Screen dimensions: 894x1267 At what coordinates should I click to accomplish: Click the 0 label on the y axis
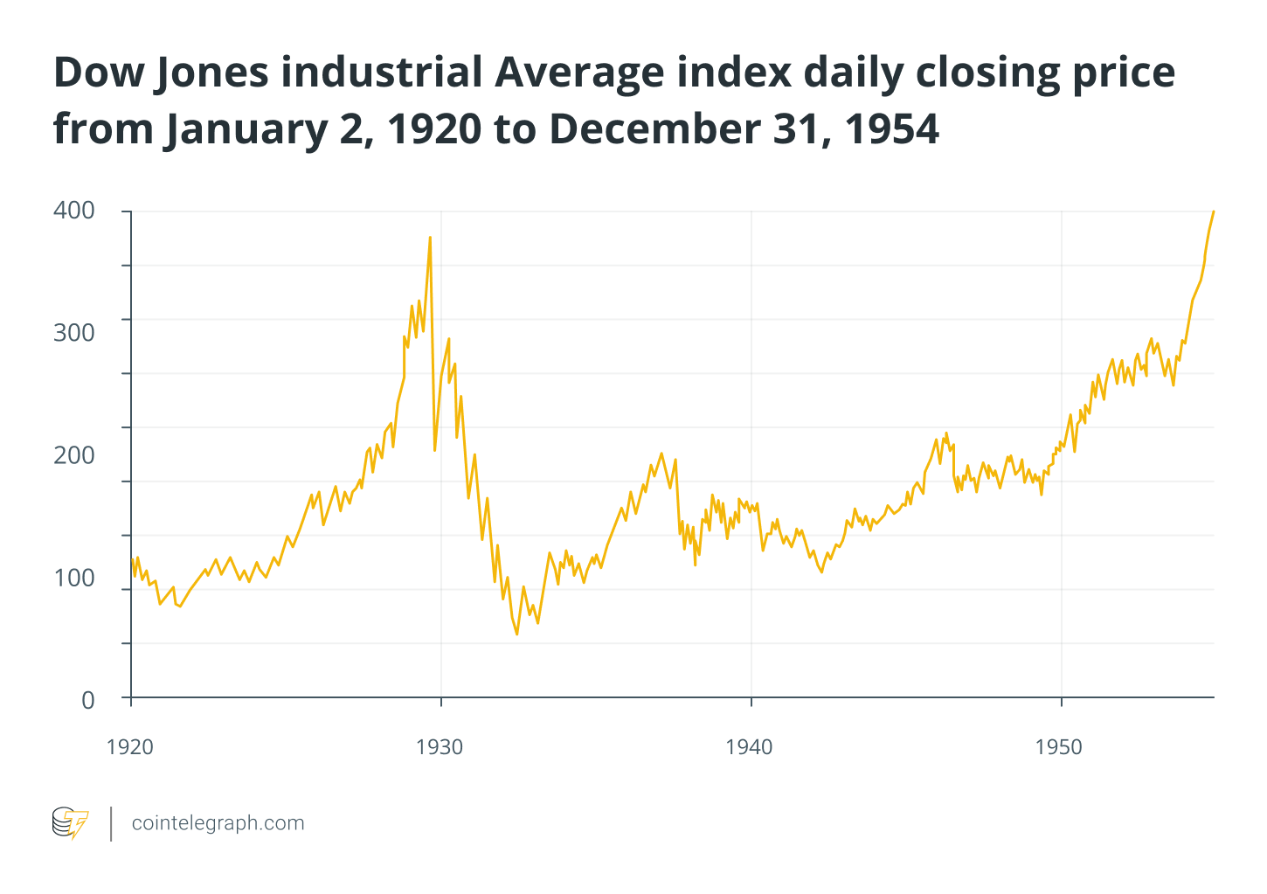(87, 700)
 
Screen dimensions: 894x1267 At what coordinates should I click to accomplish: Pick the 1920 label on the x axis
(129, 747)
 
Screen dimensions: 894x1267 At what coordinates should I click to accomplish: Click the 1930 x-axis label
(440, 747)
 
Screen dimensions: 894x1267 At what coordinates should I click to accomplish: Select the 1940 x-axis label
(750, 747)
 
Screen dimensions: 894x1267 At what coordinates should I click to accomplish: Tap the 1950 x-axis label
(1059, 747)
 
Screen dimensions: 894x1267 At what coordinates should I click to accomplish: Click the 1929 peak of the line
(430, 237)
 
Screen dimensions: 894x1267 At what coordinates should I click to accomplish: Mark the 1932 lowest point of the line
(516, 634)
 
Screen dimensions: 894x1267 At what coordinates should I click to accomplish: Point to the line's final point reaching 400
(1213, 211)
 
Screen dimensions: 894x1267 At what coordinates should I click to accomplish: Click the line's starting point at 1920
(132, 559)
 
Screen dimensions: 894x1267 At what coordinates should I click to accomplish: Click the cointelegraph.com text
(218, 823)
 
